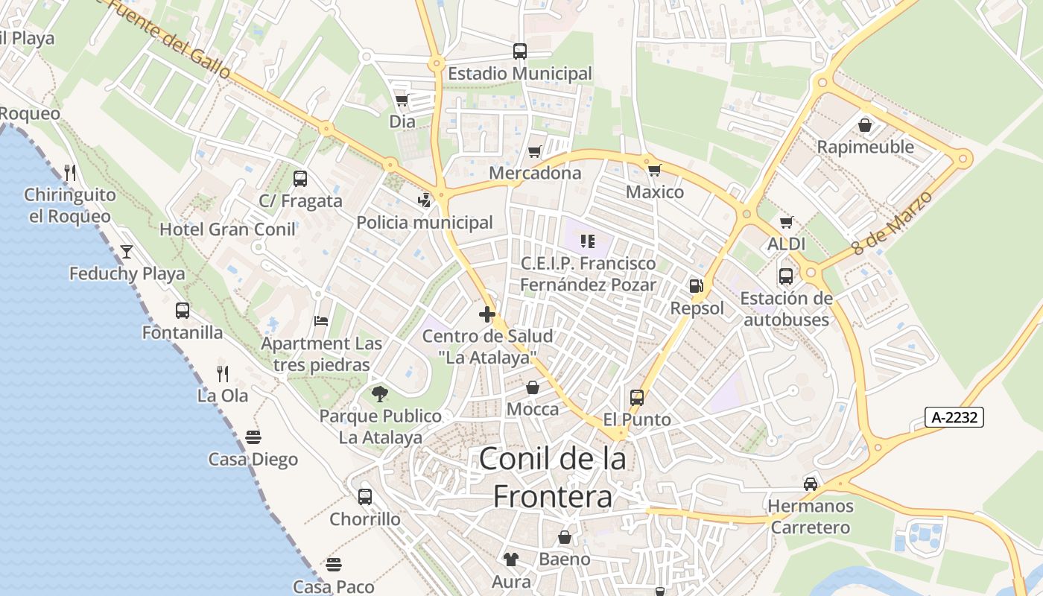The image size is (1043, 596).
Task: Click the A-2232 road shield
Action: point(954,417)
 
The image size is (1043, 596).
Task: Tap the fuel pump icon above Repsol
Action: point(696,285)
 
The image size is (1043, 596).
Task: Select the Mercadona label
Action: point(535,173)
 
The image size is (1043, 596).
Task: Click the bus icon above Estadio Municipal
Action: point(520,51)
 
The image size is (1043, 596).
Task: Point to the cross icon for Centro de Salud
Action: point(487,314)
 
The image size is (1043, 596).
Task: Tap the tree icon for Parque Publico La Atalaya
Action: point(380,393)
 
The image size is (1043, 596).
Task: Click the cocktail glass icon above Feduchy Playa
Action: point(127,251)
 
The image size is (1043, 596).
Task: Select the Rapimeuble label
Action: point(865,147)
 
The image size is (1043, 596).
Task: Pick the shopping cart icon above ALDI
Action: point(786,222)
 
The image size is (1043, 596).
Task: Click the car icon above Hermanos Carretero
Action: point(811,484)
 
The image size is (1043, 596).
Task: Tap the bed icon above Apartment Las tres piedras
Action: point(321,321)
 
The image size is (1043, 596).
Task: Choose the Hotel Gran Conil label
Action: point(227,229)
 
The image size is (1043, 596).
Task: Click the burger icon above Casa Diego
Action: point(253,437)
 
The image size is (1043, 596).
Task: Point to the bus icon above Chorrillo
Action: point(365,496)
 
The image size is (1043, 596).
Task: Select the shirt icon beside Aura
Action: point(510,559)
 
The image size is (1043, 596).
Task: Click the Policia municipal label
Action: point(425,223)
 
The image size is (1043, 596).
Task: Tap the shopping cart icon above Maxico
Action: point(655,170)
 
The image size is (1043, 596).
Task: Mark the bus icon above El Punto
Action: point(637,397)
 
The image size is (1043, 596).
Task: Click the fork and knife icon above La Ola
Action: point(222,372)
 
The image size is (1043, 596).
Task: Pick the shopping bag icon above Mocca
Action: point(533,387)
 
